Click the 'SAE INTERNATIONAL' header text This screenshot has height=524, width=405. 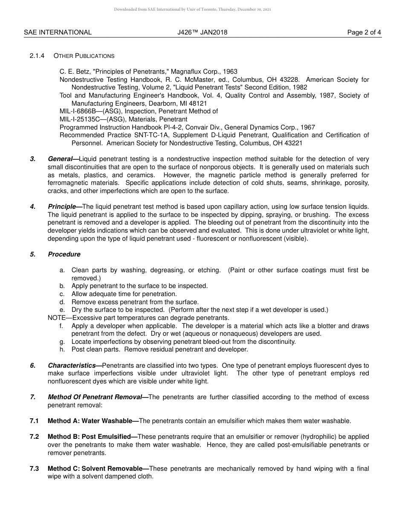point(58,32)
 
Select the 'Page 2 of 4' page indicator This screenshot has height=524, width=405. point(364,32)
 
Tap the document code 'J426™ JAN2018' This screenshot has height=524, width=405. point(202,32)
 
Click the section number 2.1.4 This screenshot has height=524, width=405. point(37,56)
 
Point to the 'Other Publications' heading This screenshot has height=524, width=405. point(84,56)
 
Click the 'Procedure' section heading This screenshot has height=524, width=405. point(64,254)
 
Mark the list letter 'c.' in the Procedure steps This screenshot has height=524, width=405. point(62,294)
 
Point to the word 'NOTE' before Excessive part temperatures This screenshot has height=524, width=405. point(57,318)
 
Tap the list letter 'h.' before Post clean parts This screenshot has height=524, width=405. point(62,349)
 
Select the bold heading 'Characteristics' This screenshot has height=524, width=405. point(72,366)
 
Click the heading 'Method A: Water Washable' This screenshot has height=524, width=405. point(90,421)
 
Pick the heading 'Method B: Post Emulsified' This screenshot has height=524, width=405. point(89,437)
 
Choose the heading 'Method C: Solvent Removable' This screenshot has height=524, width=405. point(95,469)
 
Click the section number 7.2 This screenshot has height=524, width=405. point(35,437)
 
